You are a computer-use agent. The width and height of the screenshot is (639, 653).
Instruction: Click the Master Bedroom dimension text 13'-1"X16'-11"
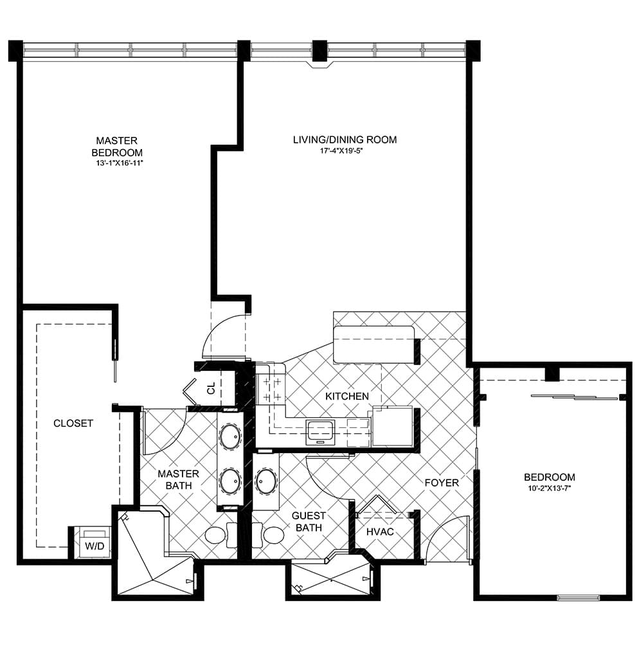click(x=120, y=164)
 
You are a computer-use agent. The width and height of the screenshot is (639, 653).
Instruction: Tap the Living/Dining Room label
click(x=345, y=139)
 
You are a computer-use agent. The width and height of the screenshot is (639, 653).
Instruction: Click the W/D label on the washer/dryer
click(x=94, y=546)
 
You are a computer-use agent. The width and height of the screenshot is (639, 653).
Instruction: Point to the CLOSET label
click(x=73, y=423)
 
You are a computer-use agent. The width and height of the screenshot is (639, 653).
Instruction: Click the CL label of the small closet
click(x=212, y=388)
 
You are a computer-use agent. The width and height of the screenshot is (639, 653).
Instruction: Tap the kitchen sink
click(x=320, y=433)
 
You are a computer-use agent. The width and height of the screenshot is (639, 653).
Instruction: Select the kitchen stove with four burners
click(x=271, y=389)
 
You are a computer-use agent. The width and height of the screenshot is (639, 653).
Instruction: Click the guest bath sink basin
click(x=265, y=481)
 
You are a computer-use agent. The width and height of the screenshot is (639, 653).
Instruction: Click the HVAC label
click(x=380, y=532)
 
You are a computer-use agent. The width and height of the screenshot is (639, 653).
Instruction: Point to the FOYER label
click(x=442, y=483)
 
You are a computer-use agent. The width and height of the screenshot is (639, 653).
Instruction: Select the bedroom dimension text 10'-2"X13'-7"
click(x=550, y=488)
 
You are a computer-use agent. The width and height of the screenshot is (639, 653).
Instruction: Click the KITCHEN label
click(x=347, y=396)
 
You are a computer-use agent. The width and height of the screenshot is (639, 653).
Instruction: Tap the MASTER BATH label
click(x=178, y=479)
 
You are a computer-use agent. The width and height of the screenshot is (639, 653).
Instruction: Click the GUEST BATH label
click(x=309, y=522)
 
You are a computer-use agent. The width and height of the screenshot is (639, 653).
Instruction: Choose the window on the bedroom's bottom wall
click(x=578, y=598)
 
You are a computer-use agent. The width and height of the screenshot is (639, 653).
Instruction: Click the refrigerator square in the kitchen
click(x=392, y=427)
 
